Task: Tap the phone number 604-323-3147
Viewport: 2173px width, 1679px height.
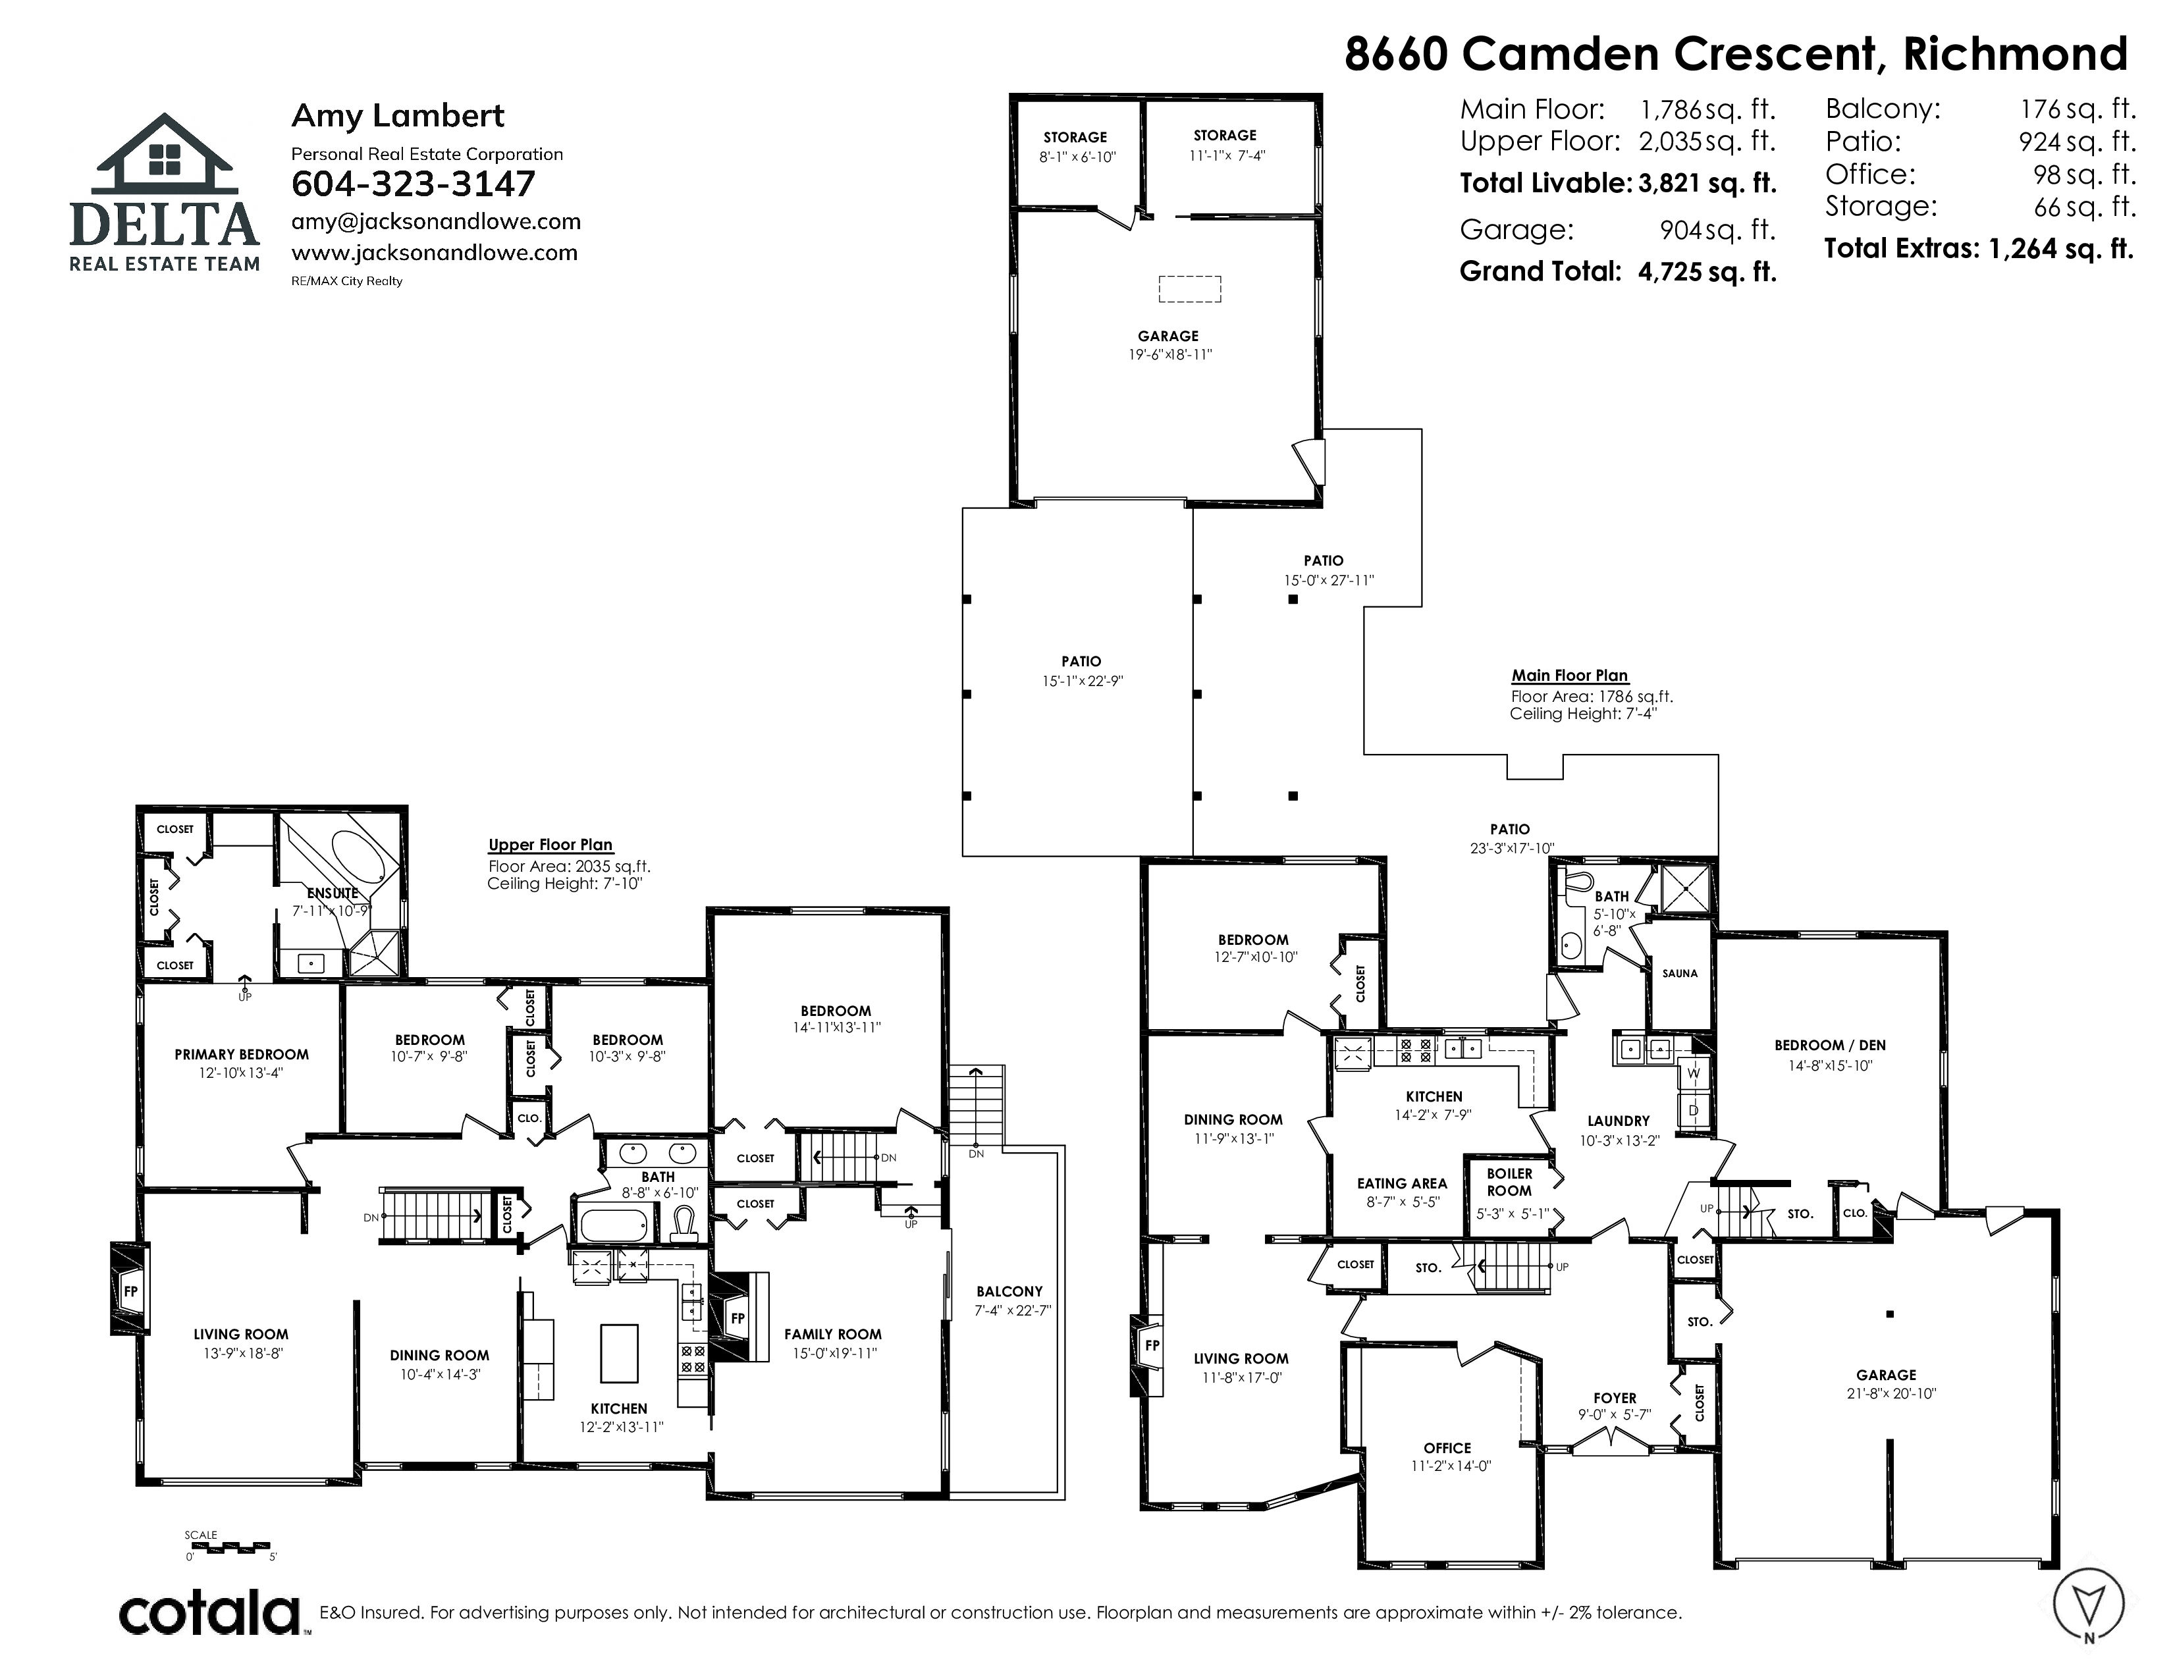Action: coord(413,184)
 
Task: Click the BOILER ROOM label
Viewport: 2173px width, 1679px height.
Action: coord(1509,1182)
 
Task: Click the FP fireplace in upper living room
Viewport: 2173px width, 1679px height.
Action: coord(129,1291)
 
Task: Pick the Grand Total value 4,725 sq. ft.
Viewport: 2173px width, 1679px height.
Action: coord(1707,271)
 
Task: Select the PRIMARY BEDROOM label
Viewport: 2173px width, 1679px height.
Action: coord(242,1054)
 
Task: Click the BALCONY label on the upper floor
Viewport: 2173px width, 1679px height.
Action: coord(1009,1291)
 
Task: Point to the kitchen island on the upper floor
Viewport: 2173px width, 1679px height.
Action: coord(619,1354)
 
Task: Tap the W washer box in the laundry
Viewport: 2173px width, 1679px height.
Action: coord(1694,1073)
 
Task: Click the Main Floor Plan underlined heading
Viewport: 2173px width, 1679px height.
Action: coord(1570,676)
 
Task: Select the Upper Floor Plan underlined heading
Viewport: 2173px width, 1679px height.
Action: coord(550,845)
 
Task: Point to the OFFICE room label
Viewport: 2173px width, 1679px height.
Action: coord(1447,1449)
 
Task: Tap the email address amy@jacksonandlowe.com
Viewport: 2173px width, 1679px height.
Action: coord(436,222)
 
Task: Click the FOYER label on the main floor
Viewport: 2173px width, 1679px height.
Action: coord(1614,1397)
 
